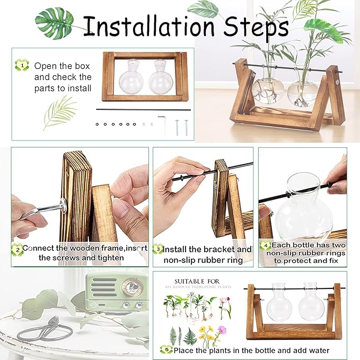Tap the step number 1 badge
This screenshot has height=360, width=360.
tap(21, 66)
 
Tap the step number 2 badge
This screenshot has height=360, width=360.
tap(17, 248)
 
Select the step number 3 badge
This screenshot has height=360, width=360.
tap(157, 249)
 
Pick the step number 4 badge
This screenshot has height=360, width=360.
tap(265, 245)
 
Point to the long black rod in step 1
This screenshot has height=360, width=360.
tap(143, 110)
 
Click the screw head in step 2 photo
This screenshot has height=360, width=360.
tap(62, 203)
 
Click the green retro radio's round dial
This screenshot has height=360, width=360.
tap(129, 287)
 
